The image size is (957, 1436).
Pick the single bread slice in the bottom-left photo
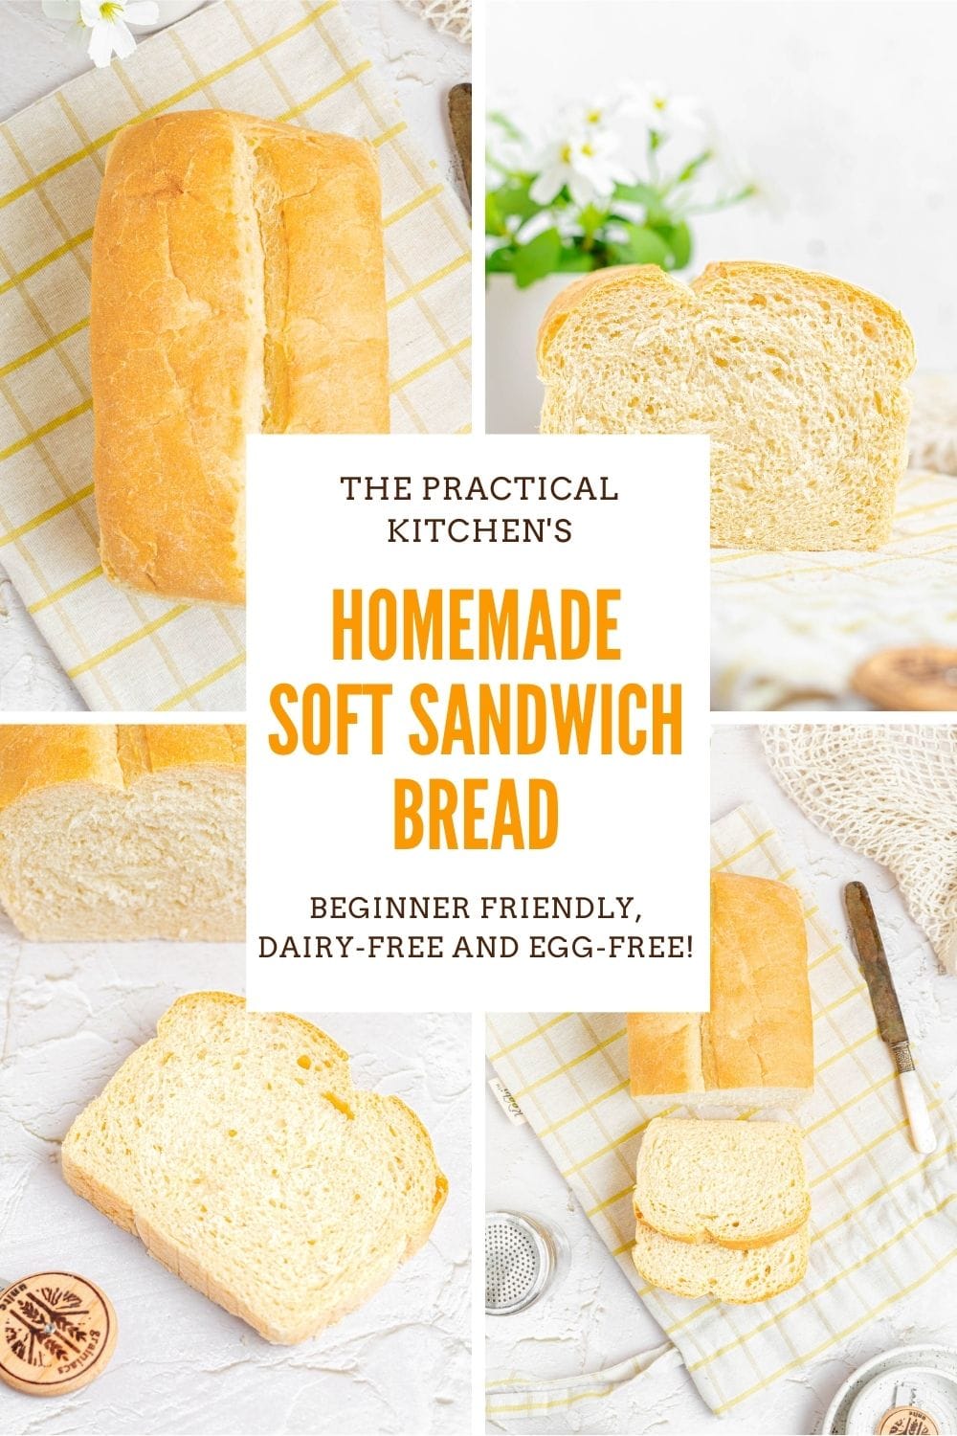pos(254,1158)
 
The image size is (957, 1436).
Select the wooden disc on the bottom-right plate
pos(909,1407)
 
